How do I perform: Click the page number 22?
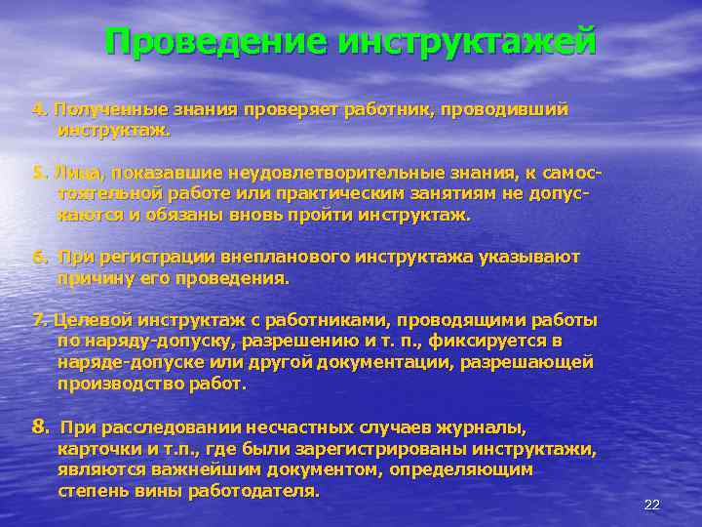(652, 505)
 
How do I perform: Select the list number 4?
(38, 109)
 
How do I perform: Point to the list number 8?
(39, 426)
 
